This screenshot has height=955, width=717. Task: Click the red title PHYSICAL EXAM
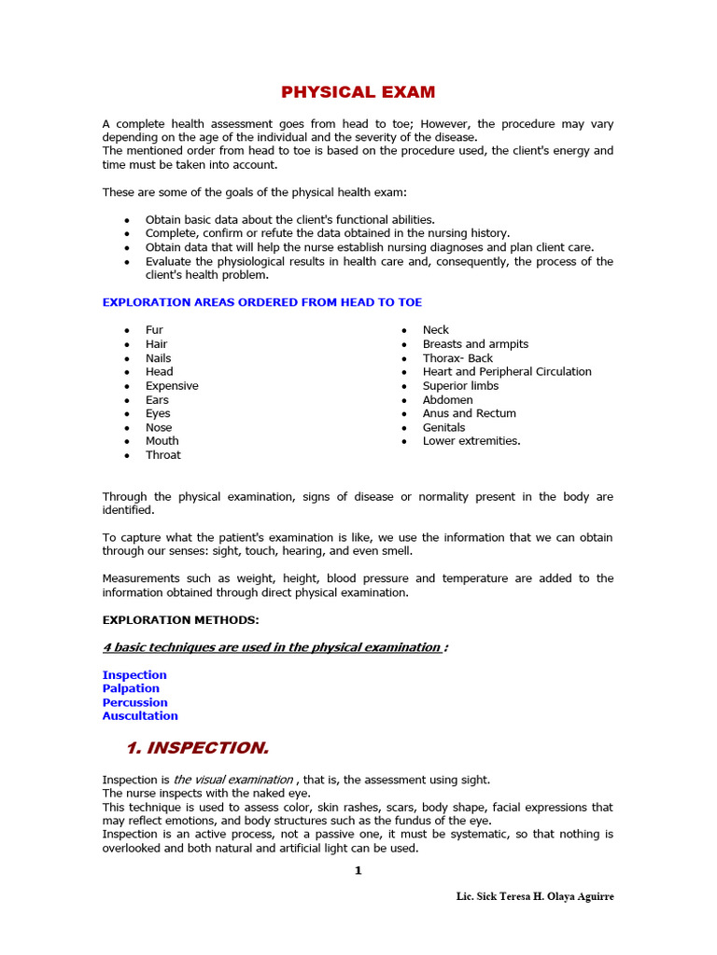[x=358, y=92]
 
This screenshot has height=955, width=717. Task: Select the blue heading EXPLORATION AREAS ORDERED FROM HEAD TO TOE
[x=261, y=302]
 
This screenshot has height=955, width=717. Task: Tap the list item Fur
[x=154, y=330]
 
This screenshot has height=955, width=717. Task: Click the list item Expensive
[x=172, y=386]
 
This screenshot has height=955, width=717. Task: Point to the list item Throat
[x=163, y=455]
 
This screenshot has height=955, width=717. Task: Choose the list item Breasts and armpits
[x=475, y=344]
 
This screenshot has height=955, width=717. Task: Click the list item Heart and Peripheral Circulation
[x=507, y=371]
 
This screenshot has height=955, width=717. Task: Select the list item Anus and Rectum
[x=469, y=413]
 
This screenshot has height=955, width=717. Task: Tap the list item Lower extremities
[x=471, y=441]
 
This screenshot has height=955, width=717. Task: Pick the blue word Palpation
[x=131, y=688]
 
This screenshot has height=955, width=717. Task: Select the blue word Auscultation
[x=140, y=716]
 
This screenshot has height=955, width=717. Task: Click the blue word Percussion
[x=135, y=702]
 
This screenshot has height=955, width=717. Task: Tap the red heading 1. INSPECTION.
[x=197, y=748]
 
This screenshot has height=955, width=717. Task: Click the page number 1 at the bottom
[x=358, y=871]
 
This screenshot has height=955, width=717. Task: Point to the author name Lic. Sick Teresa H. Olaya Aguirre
[x=535, y=896]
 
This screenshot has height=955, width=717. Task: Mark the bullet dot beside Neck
[x=404, y=331]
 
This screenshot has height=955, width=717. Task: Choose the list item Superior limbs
[x=460, y=385]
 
